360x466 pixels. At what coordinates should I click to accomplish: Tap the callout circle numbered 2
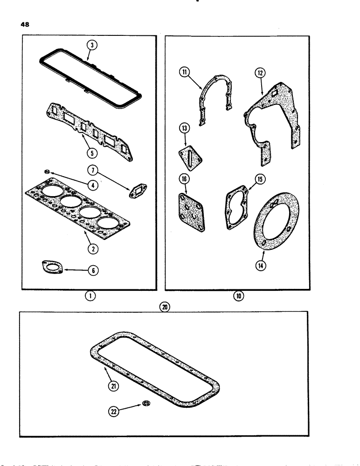click(x=93, y=249)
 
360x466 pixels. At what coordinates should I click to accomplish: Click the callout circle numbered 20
click(x=164, y=307)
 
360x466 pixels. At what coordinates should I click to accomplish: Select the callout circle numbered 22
click(x=115, y=411)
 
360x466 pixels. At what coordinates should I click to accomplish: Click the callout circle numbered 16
click(x=185, y=178)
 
